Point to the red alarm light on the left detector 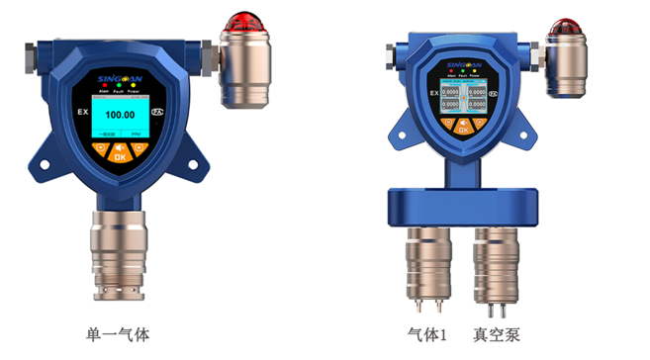point(242,22)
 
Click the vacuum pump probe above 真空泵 point(494,257)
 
